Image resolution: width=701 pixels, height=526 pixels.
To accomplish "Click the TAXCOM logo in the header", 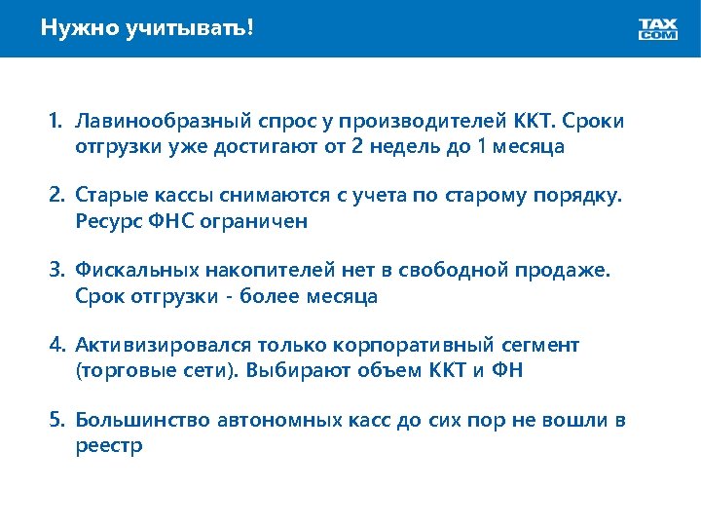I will (658, 29).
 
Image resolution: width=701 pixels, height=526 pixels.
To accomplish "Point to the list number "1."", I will (57, 123).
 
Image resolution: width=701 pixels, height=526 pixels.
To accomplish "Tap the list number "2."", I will (57, 197).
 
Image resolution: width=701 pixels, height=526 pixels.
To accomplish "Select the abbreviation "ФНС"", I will (164, 221).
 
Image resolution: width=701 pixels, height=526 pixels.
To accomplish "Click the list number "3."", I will (57, 271).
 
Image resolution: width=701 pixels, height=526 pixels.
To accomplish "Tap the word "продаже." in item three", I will (568, 271).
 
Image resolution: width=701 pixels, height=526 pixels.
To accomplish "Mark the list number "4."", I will (57, 345).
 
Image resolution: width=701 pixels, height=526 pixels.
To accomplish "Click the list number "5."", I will (57, 420).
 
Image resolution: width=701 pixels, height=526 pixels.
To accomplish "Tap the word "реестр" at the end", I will (109, 445).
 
